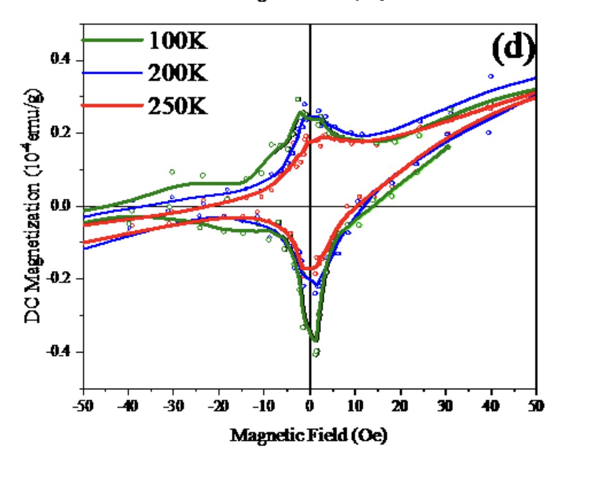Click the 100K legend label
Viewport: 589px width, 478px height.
coord(178,41)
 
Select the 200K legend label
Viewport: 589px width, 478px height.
coord(178,74)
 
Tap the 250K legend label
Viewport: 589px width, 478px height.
coord(178,107)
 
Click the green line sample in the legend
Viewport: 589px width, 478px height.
coord(113,40)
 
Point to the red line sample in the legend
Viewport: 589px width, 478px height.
coord(113,106)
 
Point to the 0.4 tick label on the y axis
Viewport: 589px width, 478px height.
coord(60,60)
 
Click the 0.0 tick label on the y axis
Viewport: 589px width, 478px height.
coord(60,206)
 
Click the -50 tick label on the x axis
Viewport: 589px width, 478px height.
coord(83,406)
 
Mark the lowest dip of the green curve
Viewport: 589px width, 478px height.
coord(315,340)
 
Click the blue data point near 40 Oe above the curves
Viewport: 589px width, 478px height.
coord(491,76)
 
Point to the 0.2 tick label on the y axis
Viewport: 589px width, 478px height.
coord(60,133)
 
